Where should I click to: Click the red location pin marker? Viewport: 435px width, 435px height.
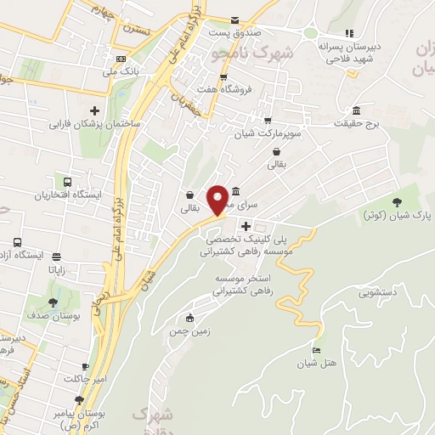(218, 200)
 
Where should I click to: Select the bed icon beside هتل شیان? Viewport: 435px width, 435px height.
(317, 350)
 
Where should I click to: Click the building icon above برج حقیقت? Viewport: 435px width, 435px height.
(354, 111)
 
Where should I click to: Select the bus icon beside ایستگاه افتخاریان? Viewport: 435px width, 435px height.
(66, 180)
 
